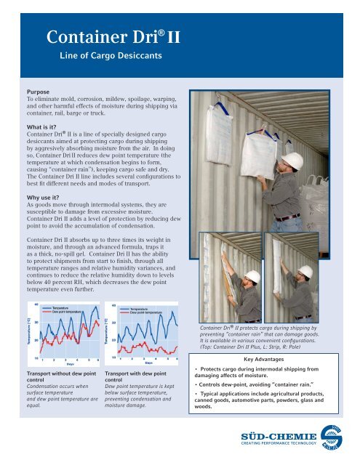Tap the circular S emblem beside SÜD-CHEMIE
tap(332, 437)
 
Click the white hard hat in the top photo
tap(292, 161)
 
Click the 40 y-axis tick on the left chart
tap(36, 303)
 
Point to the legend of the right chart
tap(144, 310)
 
